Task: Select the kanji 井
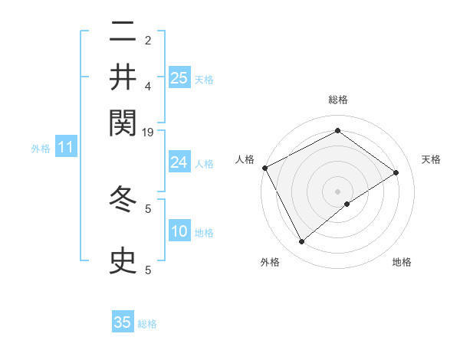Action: pos(123,77)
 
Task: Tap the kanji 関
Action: pos(123,121)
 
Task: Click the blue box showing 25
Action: pos(179,77)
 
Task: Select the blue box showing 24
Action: pos(179,162)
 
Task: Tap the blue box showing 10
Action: pos(179,231)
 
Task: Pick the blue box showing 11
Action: pos(66,147)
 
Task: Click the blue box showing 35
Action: pos(123,322)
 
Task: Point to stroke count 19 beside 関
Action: pos(148,133)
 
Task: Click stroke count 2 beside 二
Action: pos(148,40)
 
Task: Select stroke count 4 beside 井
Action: pos(148,86)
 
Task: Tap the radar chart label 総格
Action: pos(338,100)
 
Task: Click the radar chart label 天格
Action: pos(432,159)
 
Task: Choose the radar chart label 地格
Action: pos(402,262)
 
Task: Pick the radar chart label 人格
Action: pos(245,159)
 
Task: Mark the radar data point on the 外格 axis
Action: pos(301,242)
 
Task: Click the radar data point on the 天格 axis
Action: pos(396,172)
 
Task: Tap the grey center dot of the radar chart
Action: pos(338,191)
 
